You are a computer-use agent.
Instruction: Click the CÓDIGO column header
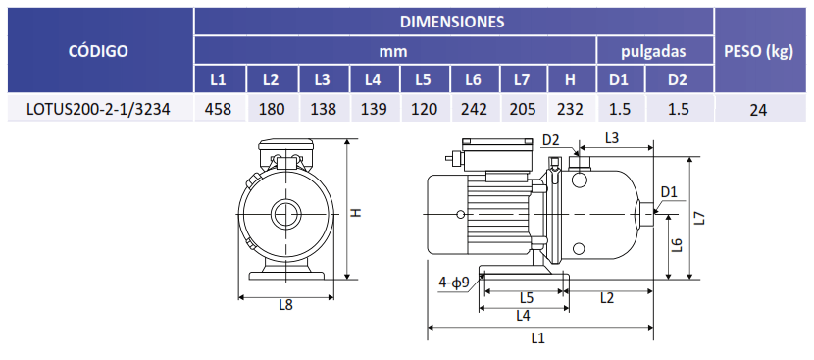[99, 51]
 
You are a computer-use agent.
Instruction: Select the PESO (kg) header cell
[758, 52]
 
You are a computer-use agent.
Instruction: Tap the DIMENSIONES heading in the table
[452, 22]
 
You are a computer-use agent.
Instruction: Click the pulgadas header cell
[653, 51]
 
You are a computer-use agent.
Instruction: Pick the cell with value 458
[220, 109]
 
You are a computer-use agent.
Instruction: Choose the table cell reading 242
[474, 109]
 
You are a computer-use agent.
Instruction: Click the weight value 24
[758, 110]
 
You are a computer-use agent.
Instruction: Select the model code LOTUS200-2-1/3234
[99, 109]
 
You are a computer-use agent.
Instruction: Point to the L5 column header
[423, 80]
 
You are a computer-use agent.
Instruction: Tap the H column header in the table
[571, 80]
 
